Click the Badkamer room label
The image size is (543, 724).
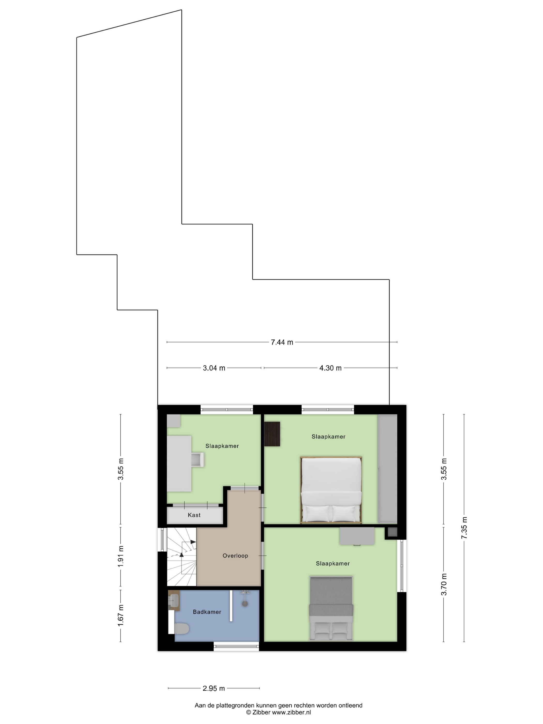click(x=207, y=612)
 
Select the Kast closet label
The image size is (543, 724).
click(x=194, y=515)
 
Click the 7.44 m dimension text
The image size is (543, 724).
click(x=282, y=342)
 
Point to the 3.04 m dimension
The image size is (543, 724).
click(x=214, y=368)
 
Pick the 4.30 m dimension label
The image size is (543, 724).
click(x=330, y=368)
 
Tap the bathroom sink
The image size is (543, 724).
click(x=174, y=601)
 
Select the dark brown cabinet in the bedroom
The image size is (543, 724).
click(x=272, y=434)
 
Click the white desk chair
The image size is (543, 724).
click(x=198, y=459)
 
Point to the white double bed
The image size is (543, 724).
click(x=331, y=490)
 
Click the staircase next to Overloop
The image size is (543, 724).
click(x=182, y=557)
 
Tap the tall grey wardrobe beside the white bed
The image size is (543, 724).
click(x=388, y=469)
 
